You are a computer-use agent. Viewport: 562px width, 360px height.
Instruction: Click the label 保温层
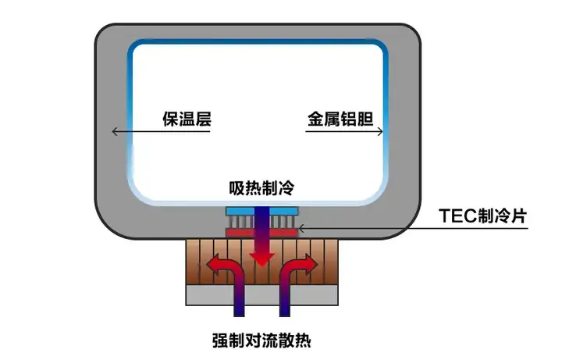pyautogui.click(x=187, y=119)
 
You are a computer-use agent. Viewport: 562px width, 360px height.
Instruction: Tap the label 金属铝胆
pyautogui.click(x=340, y=119)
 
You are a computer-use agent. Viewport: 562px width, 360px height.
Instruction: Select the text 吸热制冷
pyautogui.click(x=261, y=187)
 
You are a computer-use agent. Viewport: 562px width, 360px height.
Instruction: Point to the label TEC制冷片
pyautogui.click(x=483, y=216)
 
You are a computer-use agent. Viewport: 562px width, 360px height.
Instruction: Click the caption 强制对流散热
pyautogui.click(x=261, y=340)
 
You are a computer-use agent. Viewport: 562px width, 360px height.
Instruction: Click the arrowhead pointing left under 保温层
pyautogui.click(x=115, y=131)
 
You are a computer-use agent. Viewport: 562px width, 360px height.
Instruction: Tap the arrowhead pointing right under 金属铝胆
pyautogui.click(x=380, y=132)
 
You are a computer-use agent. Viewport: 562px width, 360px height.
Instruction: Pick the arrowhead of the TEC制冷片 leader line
pyautogui.click(x=301, y=228)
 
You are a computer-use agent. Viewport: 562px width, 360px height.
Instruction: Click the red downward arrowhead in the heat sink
pyautogui.click(x=262, y=259)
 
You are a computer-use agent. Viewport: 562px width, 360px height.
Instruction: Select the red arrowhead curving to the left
pyautogui.click(x=214, y=265)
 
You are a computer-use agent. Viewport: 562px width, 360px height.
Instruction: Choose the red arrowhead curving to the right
pyautogui.click(x=311, y=265)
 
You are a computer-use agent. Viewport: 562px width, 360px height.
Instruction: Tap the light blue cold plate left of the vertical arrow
pyautogui.click(x=240, y=211)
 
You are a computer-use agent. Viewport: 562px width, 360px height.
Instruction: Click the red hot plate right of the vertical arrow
pyautogui.click(x=283, y=233)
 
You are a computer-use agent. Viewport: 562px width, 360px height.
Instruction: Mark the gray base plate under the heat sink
pyautogui.click(x=261, y=295)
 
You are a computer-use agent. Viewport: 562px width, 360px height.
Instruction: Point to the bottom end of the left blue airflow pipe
pyautogui.click(x=239, y=315)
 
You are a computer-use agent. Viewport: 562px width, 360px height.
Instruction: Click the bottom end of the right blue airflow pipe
pyautogui.click(x=285, y=315)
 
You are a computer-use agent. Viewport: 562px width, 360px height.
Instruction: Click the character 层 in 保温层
pyautogui.click(x=203, y=119)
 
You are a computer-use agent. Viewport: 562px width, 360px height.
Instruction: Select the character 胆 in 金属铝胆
pyautogui.click(x=365, y=119)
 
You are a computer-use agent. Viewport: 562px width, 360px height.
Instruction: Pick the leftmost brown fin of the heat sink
pyautogui.click(x=193, y=262)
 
